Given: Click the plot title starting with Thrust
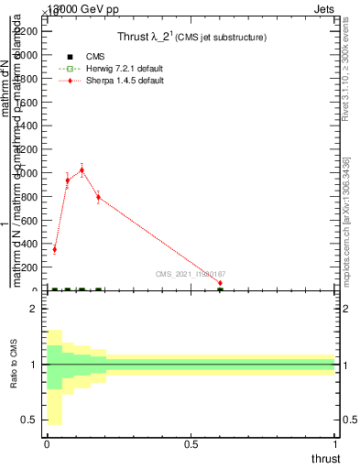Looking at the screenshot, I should [x=191, y=37].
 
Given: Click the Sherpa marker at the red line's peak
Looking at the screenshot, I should [x=82, y=169].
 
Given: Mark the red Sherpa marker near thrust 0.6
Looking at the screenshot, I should [x=220, y=283].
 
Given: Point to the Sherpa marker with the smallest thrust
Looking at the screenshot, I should [x=54, y=249].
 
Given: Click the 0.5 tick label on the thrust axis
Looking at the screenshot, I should [x=191, y=444].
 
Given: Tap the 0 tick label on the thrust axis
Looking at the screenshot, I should [x=47, y=444].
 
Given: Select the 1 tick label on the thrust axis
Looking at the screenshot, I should [x=335, y=444].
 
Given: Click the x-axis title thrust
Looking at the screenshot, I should [x=325, y=458].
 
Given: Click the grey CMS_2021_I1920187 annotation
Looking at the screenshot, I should [x=190, y=274].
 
